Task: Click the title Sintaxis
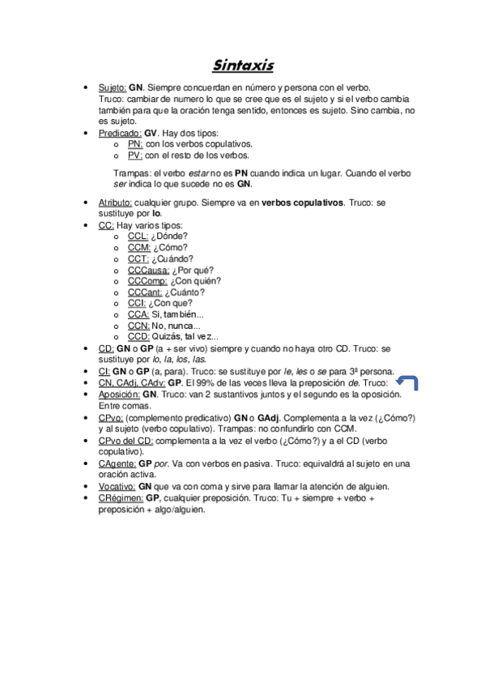[243, 65]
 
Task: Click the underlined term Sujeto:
[113, 86]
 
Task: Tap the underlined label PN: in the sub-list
[134, 143]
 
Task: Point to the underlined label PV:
[134, 155]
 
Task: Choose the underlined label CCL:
[138, 237]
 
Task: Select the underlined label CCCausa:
[148, 271]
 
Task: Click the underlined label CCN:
[139, 326]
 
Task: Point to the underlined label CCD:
[139, 337]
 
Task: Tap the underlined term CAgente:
[117, 463]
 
